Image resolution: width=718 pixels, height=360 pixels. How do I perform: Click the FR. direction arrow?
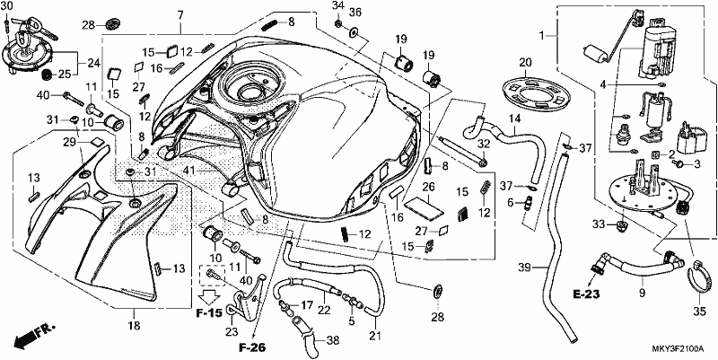click(34, 335)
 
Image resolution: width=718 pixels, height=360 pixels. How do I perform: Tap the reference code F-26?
click(252, 347)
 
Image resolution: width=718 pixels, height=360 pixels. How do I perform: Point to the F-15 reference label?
click(209, 313)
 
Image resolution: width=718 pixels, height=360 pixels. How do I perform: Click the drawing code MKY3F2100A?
click(678, 349)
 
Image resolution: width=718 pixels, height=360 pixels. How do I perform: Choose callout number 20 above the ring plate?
click(525, 62)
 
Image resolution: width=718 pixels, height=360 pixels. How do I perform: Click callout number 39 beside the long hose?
click(525, 267)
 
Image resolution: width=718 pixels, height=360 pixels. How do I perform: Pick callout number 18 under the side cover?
click(134, 326)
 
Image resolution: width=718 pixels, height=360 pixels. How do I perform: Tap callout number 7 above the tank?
click(180, 15)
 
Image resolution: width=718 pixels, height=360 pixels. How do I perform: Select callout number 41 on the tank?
click(189, 171)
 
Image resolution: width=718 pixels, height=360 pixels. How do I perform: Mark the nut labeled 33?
click(624, 225)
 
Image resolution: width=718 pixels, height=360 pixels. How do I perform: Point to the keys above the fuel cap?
click(34, 25)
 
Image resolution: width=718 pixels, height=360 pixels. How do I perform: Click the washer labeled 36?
click(354, 32)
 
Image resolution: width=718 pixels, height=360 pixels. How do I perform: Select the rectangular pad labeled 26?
click(425, 207)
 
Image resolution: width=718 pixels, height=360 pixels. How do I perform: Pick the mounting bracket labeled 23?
click(249, 298)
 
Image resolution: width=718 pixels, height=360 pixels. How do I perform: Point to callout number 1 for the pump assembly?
click(542, 35)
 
